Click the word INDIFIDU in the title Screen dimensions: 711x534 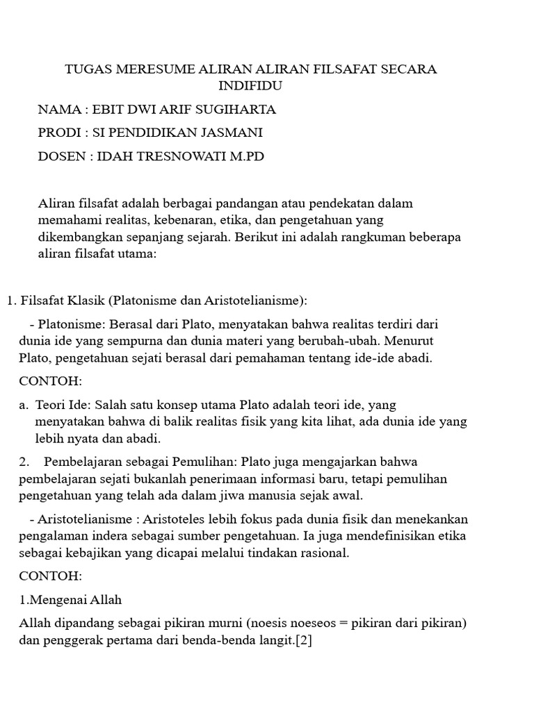[x=250, y=85]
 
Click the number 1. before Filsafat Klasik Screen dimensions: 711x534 [x=11, y=301]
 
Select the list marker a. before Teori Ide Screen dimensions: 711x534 [x=24, y=405]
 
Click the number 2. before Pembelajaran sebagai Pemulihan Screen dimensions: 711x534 [x=24, y=462]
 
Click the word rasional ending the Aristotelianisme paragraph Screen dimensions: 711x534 [x=323, y=553]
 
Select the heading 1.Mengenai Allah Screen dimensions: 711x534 [x=71, y=599]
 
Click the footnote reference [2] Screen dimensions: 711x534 [x=303, y=641]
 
